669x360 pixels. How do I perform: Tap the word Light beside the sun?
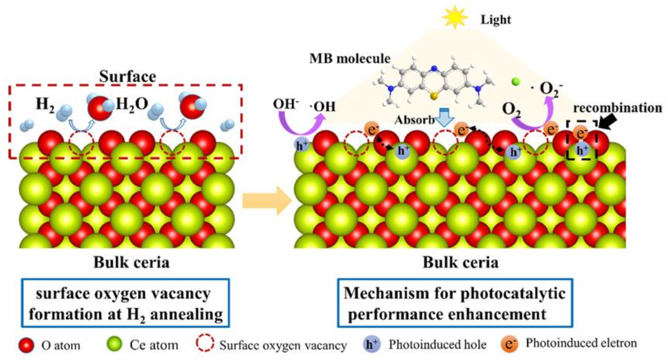click(x=496, y=19)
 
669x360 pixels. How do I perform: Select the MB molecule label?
click(x=350, y=58)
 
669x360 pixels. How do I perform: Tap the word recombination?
click(x=617, y=108)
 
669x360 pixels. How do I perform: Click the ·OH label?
click(x=322, y=107)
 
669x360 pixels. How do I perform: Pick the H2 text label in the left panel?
click(x=45, y=105)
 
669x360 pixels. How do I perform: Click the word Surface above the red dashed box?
click(x=128, y=77)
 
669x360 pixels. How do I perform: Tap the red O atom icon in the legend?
click(x=26, y=345)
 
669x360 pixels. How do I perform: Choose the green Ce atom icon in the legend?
click(x=114, y=344)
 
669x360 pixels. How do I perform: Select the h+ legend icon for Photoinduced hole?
click(x=372, y=344)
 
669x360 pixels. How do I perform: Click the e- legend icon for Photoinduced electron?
click(x=510, y=344)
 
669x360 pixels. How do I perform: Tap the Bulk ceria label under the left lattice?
click(x=131, y=263)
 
